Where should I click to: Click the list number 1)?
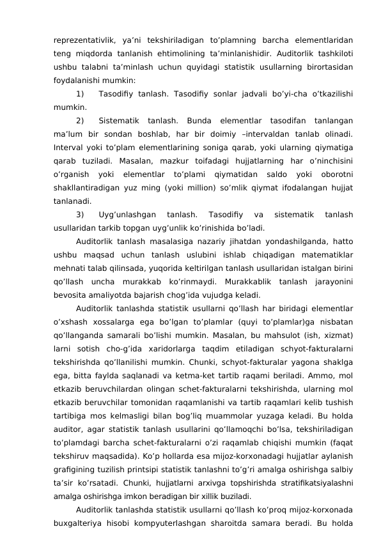81,95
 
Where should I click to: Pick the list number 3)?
81,215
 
